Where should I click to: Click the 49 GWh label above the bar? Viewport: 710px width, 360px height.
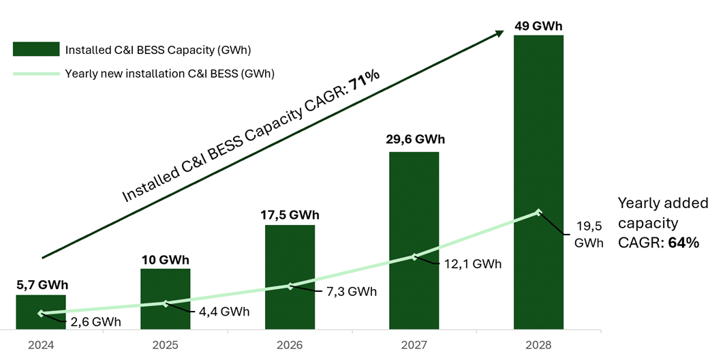pyautogui.click(x=538, y=27)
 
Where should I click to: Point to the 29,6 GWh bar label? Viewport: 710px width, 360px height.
pyautogui.click(x=414, y=140)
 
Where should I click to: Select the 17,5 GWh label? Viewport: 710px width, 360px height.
pyautogui.click(x=290, y=215)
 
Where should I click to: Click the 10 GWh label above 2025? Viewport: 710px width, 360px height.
pyautogui.click(x=166, y=260)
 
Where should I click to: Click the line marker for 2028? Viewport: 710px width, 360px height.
pyautogui.click(x=538, y=213)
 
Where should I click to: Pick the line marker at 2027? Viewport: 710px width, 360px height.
pyautogui.click(x=414, y=257)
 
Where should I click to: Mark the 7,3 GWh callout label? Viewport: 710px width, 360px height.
pyautogui.click(x=352, y=292)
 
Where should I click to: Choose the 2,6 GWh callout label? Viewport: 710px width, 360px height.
pyautogui.click(x=97, y=322)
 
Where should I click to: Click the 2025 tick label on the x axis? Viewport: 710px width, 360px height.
pyautogui.click(x=166, y=345)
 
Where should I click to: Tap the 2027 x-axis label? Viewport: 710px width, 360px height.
pyautogui.click(x=414, y=345)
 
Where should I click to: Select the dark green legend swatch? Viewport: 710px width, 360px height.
pyautogui.click(x=35, y=49)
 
